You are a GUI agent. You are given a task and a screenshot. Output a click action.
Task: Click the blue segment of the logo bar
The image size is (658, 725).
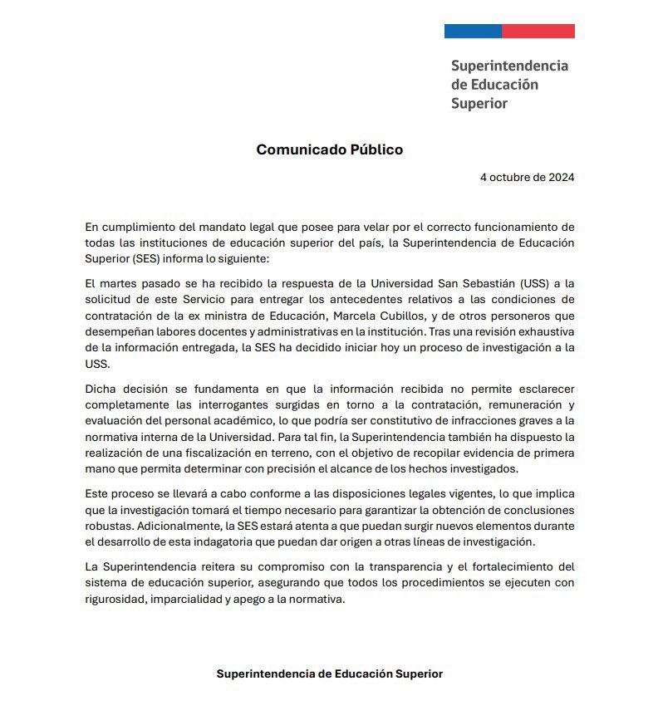pyautogui.click(x=473, y=32)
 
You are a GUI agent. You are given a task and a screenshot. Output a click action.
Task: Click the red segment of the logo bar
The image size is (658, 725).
pyautogui.click(x=538, y=32)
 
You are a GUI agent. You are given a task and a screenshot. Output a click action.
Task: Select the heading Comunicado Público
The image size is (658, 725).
pyautogui.click(x=329, y=150)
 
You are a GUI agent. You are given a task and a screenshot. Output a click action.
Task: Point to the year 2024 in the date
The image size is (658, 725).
pyautogui.click(x=560, y=178)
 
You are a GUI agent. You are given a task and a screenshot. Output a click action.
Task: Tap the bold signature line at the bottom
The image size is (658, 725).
pyautogui.click(x=329, y=674)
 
